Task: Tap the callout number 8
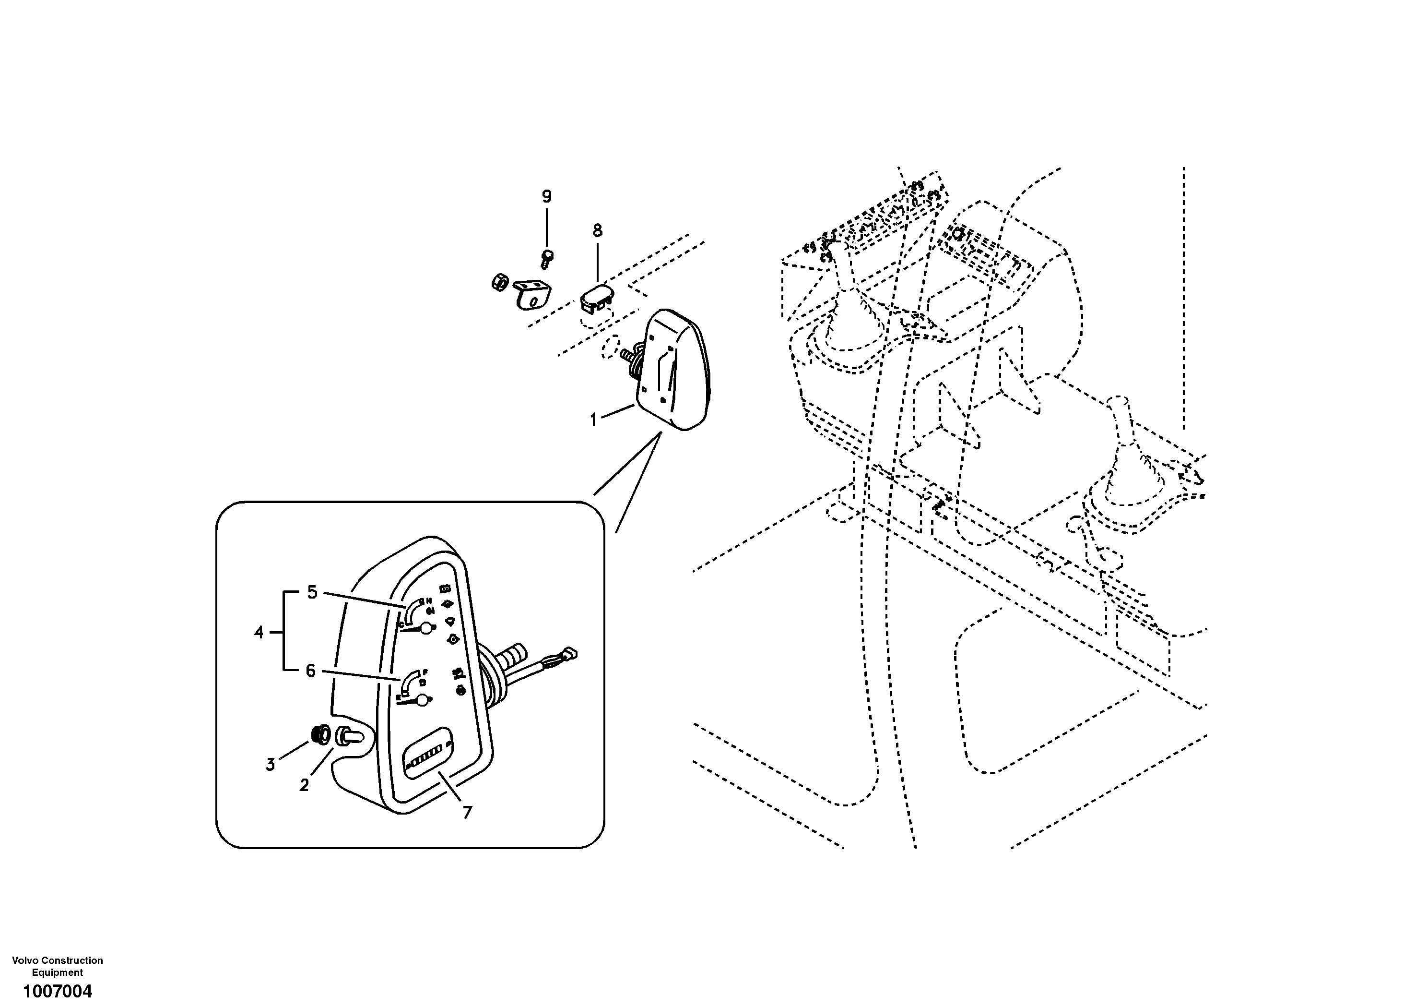tap(597, 231)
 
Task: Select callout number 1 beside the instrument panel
tap(593, 421)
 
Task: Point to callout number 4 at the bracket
tap(259, 633)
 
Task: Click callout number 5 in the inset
tap(312, 593)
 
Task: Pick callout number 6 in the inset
tap(311, 671)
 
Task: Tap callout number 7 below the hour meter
tap(467, 812)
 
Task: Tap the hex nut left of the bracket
tap(498, 282)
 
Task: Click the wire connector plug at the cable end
tap(569, 653)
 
